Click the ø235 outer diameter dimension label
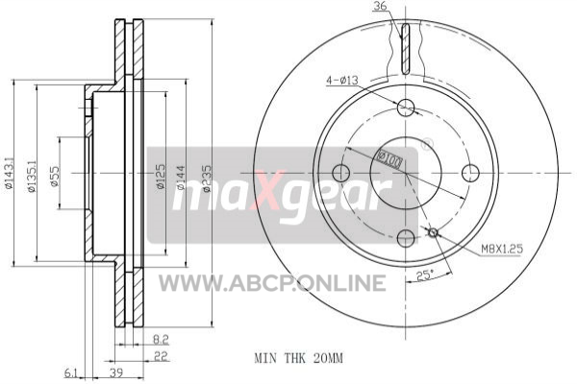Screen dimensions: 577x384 [207, 179]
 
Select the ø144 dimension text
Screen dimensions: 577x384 [181, 178]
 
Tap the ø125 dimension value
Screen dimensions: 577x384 [161, 177]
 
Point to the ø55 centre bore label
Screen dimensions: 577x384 [55, 176]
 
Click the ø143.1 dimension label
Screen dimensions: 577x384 [9, 173]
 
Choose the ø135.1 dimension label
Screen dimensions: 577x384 [32, 176]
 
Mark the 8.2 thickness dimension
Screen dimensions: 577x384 [161, 340]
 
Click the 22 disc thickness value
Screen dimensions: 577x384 [162, 356]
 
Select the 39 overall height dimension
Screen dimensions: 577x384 [116, 372]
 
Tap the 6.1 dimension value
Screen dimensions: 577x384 [71, 373]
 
